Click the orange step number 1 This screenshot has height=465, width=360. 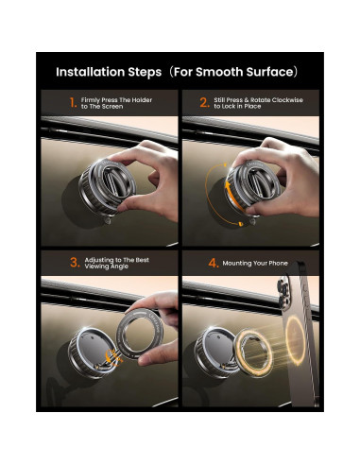coord(73,103)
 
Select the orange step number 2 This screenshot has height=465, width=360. coord(205,103)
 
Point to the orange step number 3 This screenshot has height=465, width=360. coord(75,263)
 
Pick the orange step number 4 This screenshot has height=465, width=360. coord(214,263)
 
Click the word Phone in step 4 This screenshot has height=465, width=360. coord(279,263)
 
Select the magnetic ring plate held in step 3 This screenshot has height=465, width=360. coord(139,333)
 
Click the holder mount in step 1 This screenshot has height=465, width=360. coord(107,187)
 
